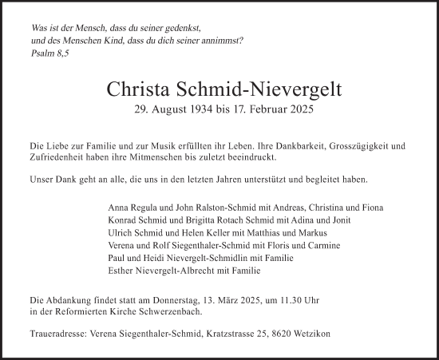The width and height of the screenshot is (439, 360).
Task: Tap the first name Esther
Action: click(121, 271)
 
